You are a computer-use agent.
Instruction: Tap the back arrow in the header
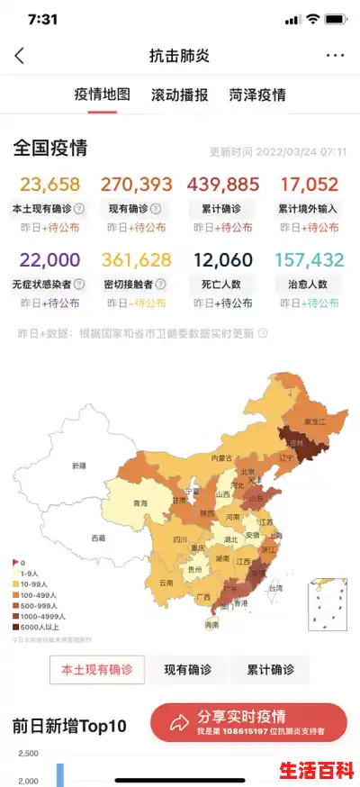pos(20,56)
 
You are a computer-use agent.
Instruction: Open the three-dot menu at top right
pos(335,56)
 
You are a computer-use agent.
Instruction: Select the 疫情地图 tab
pos(102,95)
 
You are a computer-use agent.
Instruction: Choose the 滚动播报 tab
pos(179,95)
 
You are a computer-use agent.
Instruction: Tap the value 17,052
pos(309,185)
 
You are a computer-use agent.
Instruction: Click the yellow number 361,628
pos(136,260)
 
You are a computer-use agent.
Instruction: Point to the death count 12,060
pos(222,260)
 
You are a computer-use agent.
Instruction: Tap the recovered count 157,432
pos(309,260)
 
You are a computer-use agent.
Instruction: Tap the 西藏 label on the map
pos(98,538)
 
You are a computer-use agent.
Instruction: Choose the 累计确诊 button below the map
pos(269,670)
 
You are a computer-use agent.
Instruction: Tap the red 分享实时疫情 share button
pos(247,722)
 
